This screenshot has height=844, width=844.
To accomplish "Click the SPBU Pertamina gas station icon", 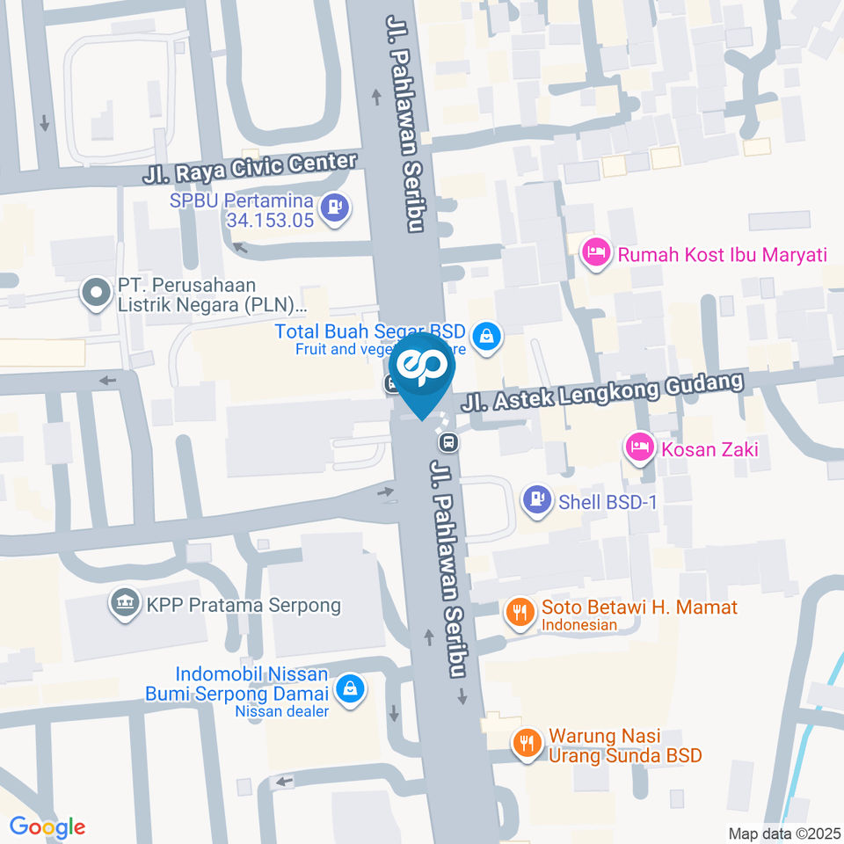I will pyautogui.click(x=335, y=208).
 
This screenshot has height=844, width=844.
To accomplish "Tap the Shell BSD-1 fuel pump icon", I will pyautogui.click(x=536, y=500).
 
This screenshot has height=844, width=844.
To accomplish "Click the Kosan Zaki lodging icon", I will pyautogui.click(x=638, y=448).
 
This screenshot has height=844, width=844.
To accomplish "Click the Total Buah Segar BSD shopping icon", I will pyautogui.click(x=484, y=334).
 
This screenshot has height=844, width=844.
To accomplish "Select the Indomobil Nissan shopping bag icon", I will pyautogui.click(x=351, y=689).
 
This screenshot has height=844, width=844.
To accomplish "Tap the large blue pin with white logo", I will pyautogui.click(x=422, y=369).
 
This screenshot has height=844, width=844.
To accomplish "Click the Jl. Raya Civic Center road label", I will pyautogui.click(x=250, y=168).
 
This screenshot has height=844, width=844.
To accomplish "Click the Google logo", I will pyautogui.click(x=47, y=827).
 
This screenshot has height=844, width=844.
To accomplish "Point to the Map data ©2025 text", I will pyautogui.click(x=783, y=833).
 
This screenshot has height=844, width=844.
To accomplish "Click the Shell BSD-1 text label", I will pyautogui.click(x=608, y=502).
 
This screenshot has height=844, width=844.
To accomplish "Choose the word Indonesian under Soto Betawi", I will pyautogui.click(x=578, y=625).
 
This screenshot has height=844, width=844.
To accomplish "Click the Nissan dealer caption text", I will pyautogui.click(x=281, y=711).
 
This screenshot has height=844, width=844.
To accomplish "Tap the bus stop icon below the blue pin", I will pyautogui.click(x=449, y=441).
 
